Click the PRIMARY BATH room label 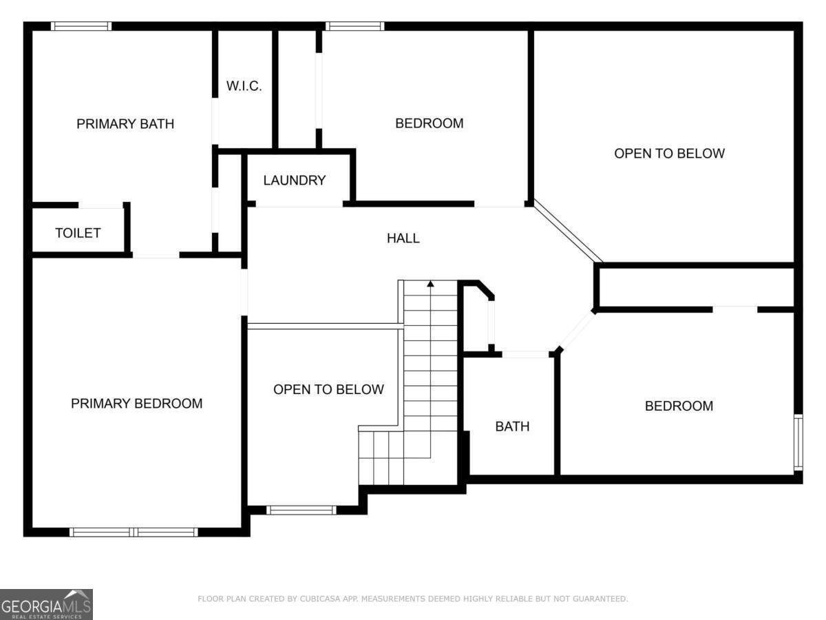(x=125, y=124)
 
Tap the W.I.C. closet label (x=244, y=87)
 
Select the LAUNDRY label (x=294, y=180)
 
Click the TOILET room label (x=78, y=233)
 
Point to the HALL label (x=403, y=238)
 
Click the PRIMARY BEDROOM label (x=136, y=404)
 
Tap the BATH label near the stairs (x=512, y=426)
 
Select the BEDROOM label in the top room (x=429, y=123)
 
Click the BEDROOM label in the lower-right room (x=678, y=406)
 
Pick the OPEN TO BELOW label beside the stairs (x=328, y=389)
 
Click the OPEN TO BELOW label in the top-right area (x=669, y=154)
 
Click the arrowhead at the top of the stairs (x=430, y=283)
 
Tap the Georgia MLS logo (x=46, y=604)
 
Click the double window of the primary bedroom (x=134, y=532)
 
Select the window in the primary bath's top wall (x=81, y=26)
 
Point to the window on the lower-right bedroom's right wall (x=798, y=442)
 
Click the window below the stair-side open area (x=301, y=510)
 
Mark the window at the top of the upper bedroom (x=354, y=26)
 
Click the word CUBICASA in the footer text (x=321, y=599)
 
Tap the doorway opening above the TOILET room (x=100, y=205)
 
